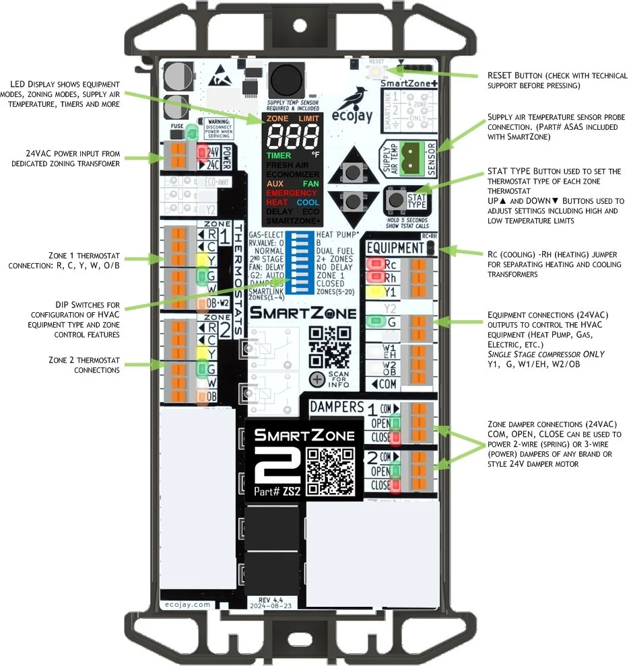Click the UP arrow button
[351, 173]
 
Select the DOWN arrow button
[351, 201]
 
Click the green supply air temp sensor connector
[409, 153]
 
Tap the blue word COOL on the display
[308, 202]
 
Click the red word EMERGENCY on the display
[292, 193]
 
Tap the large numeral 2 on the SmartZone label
[268, 465]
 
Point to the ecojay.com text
[186, 605]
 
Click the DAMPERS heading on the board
[337, 407]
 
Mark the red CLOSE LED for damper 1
[397, 439]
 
